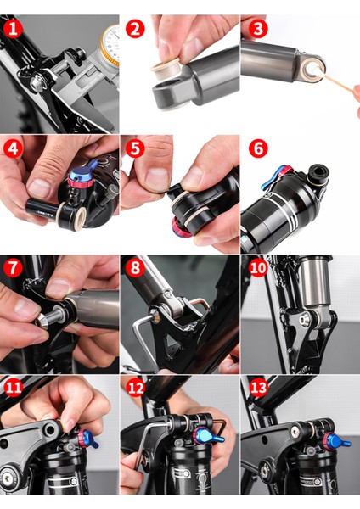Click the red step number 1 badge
pyautogui.click(x=13, y=29)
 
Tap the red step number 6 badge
pyautogui.click(x=258, y=148)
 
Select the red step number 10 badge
pyautogui.click(x=258, y=268)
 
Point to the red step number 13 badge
pyautogui.click(x=258, y=387)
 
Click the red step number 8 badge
pyautogui.click(x=135, y=268)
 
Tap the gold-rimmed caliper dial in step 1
pyautogui.click(x=110, y=46)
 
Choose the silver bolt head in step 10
pyautogui.click(x=304, y=321)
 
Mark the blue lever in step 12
pyautogui.click(x=208, y=436)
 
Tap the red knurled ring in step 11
pyautogui.click(x=82, y=438)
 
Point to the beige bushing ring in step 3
pyautogui.click(x=311, y=70)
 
